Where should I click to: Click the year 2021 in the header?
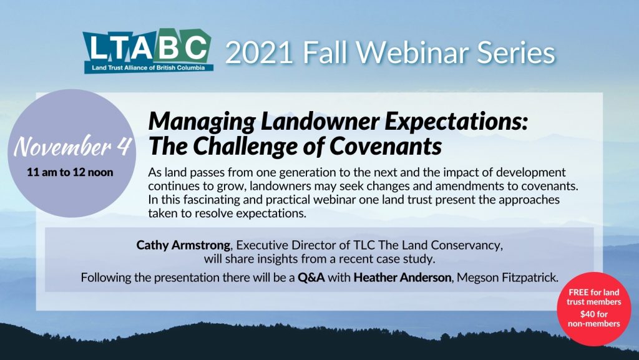[259, 53]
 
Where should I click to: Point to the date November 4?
[72, 146]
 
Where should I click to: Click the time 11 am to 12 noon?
[70, 172]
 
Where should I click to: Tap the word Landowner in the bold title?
[320, 122]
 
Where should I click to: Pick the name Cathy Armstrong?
[183, 245]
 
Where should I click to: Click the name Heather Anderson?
[402, 278]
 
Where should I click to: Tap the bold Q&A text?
[311, 278]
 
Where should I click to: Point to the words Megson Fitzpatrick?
[507, 278]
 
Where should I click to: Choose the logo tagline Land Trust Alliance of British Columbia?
[149, 67]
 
